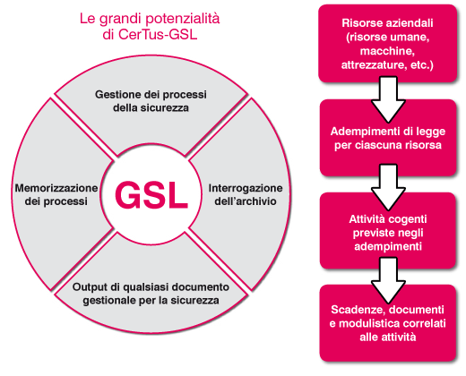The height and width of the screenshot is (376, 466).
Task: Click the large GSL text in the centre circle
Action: (x=151, y=195)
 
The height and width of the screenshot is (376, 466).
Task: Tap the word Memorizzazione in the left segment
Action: (x=56, y=188)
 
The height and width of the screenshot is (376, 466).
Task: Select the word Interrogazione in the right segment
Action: (x=246, y=188)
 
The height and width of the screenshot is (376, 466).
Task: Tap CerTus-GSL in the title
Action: (x=158, y=34)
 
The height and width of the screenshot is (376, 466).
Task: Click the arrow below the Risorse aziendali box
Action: (x=388, y=99)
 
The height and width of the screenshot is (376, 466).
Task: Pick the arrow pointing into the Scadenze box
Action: (x=388, y=280)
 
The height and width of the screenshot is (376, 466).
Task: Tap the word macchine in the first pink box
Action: (x=387, y=51)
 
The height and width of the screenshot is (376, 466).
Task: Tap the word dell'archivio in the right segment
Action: (x=246, y=201)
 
